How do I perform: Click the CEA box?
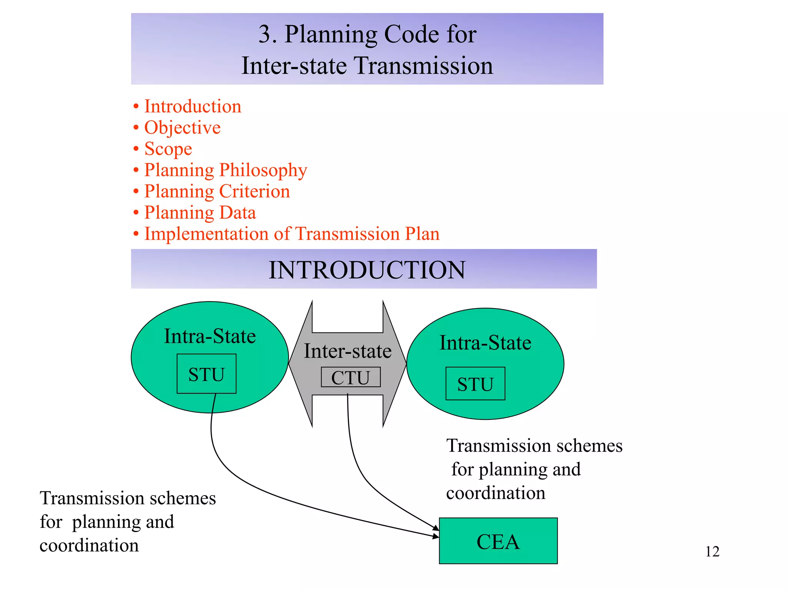click(x=498, y=541)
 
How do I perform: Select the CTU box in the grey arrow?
click(x=350, y=377)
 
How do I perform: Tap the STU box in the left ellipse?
click(x=206, y=374)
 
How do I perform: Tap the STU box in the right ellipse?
click(x=475, y=384)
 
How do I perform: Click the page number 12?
click(x=712, y=552)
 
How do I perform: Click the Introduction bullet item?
click(x=193, y=106)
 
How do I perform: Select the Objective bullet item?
click(x=182, y=128)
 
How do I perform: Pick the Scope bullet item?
click(x=168, y=149)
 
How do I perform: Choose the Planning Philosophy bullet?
click(x=226, y=170)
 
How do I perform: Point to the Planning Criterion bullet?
click(x=217, y=191)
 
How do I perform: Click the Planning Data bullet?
click(x=200, y=212)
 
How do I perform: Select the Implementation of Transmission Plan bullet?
click(x=292, y=234)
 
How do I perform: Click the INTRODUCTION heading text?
click(x=367, y=270)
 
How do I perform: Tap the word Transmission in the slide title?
click(x=423, y=65)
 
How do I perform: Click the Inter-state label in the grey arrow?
click(x=347, y=351)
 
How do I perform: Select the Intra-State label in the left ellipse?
click(x=210, y=336)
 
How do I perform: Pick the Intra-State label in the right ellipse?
click(x=485, y=343)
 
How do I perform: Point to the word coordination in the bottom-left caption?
click(x=89, y=545)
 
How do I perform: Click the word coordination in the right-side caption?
click(x=496, y=493)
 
